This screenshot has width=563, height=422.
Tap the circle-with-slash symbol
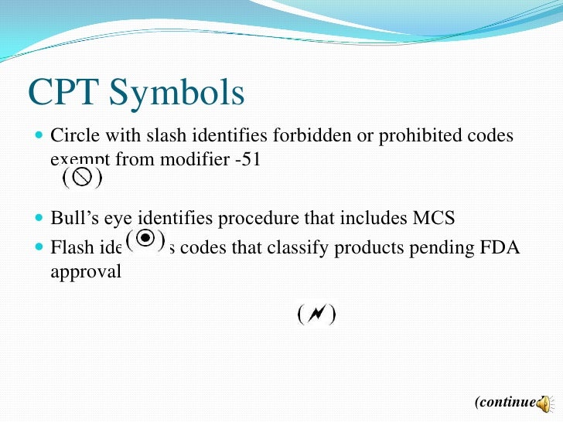pos(83,178)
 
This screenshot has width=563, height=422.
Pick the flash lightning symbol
pos(316,315)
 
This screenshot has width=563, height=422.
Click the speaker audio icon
pos(544,403)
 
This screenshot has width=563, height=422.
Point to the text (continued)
pos(507,402)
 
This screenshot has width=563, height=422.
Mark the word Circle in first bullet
pos(74,136)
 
